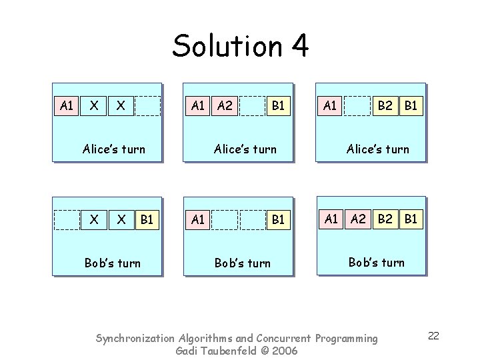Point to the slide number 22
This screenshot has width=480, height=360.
433,335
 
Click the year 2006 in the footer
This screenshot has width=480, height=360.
284,351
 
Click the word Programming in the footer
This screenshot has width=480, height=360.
347,339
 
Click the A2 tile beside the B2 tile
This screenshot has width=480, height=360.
359,219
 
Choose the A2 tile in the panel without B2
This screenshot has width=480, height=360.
225,105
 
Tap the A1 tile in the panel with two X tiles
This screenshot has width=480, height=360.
66,105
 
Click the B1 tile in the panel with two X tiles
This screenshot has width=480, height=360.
147,219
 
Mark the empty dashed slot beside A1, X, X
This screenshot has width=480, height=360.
147,105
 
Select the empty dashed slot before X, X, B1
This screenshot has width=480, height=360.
66,219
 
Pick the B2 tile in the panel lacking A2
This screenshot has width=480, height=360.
385,105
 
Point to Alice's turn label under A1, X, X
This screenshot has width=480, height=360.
113,149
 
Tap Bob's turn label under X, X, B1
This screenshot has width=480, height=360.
113,263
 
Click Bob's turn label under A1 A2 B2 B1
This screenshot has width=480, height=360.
377,262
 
